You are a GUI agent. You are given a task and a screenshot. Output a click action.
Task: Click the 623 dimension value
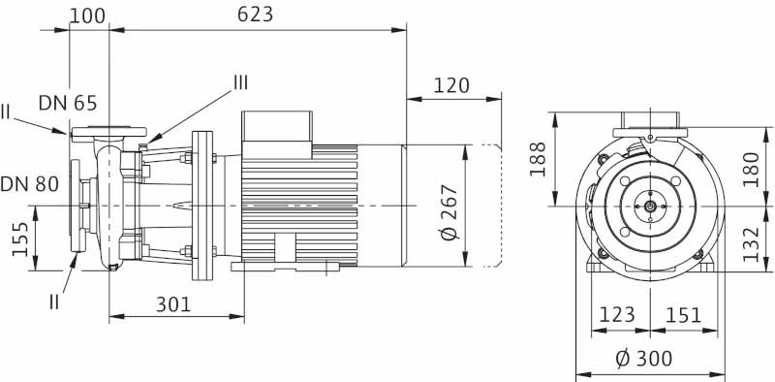(255, 15)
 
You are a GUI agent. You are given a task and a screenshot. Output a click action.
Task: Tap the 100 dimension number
(87, 16)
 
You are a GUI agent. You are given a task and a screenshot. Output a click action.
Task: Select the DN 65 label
(68, 103)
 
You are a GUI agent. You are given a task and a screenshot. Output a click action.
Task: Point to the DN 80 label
(30, 184)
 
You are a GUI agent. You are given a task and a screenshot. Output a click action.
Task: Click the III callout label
(240, 82)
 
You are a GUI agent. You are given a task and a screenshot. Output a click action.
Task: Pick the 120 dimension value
(451, 85)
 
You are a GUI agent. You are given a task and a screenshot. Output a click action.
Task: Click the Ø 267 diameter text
(450, 212)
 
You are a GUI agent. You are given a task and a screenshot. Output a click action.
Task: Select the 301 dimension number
(173, 304)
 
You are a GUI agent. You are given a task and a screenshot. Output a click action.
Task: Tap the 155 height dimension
(20, 239)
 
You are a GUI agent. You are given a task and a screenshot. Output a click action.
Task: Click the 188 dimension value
(539, 159)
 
